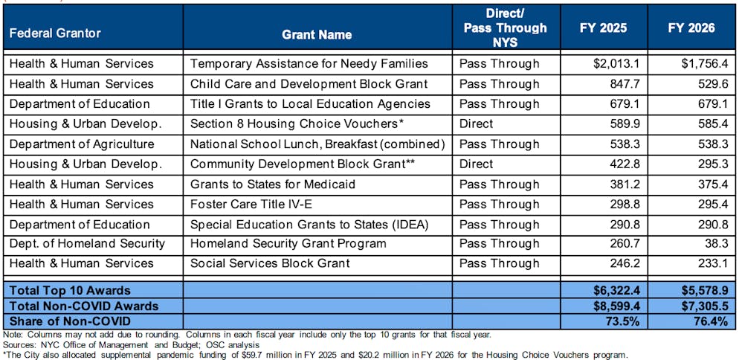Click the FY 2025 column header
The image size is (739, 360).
(x=603, y=28)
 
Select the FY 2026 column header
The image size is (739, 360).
(x=691, y=28)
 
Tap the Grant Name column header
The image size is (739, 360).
(x=317, y=34)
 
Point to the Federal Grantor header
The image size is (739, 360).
(x=55, y=33)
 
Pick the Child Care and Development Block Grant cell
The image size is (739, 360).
(x=309, y=84)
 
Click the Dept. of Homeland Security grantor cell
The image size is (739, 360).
(x=87, y=243)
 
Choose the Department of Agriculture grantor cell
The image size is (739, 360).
(x=82, y=144)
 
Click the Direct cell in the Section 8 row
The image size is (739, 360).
(x=476, y=123)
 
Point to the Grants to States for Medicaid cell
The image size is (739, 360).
(x=273, y=184)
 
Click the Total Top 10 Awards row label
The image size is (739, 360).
(x=70, y=290)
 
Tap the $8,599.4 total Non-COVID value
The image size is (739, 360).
(x=610, y=306)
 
